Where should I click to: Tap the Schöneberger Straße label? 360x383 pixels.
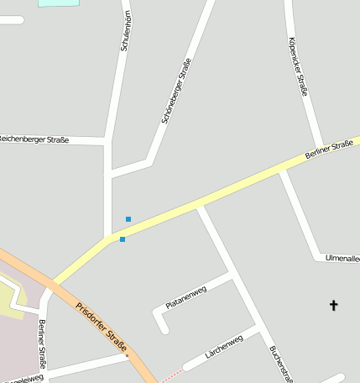pos(176,91)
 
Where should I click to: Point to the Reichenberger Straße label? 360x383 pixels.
pos(34,139)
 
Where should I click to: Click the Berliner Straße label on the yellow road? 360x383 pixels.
pos(329,150)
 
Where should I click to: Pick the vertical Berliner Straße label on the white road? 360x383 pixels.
pos(41,345)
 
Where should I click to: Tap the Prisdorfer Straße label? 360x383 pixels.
pos(102,327)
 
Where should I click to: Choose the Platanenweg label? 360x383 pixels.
pos(185,298)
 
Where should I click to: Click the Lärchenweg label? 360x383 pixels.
pos(224,346)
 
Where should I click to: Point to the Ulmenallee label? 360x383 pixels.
pos(342,258)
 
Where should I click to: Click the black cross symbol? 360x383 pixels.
pos(333,305)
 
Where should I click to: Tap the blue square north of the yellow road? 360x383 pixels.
pos(128,219)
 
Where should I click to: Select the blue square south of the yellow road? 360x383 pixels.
pos(123,239)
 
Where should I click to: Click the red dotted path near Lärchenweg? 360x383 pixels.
pos(170,374)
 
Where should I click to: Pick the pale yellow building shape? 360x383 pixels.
pos(10,298)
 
